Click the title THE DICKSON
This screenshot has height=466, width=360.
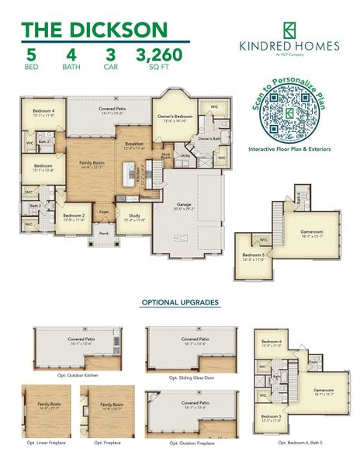pyautogui.click(x=94, y=30)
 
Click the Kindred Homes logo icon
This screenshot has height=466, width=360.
pyautogui.click(x=289, y=29)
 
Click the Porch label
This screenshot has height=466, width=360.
pyautogui.click(x=103, y=233)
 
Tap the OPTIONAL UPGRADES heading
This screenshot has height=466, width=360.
pyautogui.click(x=179, y=302)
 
